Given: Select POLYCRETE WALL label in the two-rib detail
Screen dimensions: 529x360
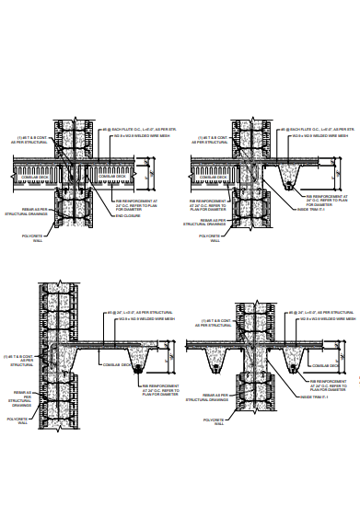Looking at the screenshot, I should pos(212,422).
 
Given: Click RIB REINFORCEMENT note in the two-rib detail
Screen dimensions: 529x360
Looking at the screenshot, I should pos(328,384).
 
